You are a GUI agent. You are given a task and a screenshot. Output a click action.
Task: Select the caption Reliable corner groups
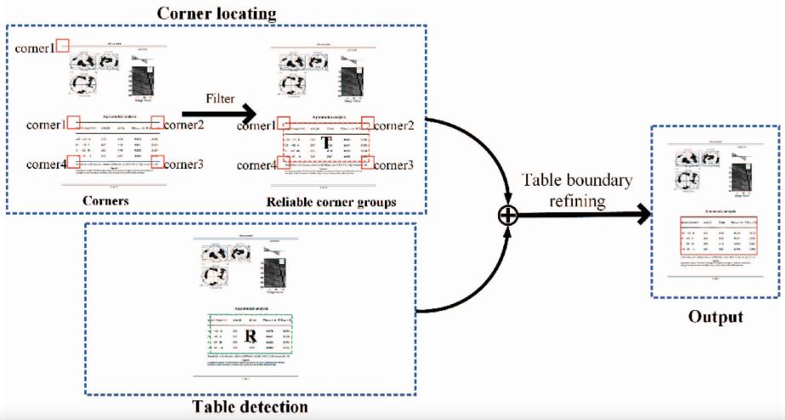point(329,202)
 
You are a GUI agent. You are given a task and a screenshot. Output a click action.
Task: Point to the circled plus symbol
point(507,216)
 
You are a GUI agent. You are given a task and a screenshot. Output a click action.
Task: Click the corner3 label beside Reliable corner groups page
point(396,164)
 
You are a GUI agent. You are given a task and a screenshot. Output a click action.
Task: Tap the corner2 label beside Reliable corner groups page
point(396,125)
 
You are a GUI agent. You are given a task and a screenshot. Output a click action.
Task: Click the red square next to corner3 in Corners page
point(157,161)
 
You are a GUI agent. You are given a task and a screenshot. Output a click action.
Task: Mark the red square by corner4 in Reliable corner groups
point(284,162)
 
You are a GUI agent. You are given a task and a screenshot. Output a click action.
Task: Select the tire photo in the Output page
point(733,180)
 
